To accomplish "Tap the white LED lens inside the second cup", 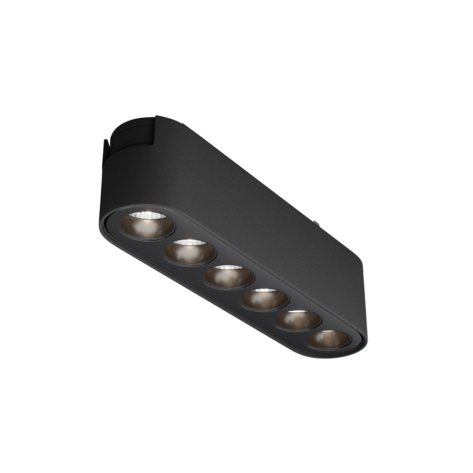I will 189,243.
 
